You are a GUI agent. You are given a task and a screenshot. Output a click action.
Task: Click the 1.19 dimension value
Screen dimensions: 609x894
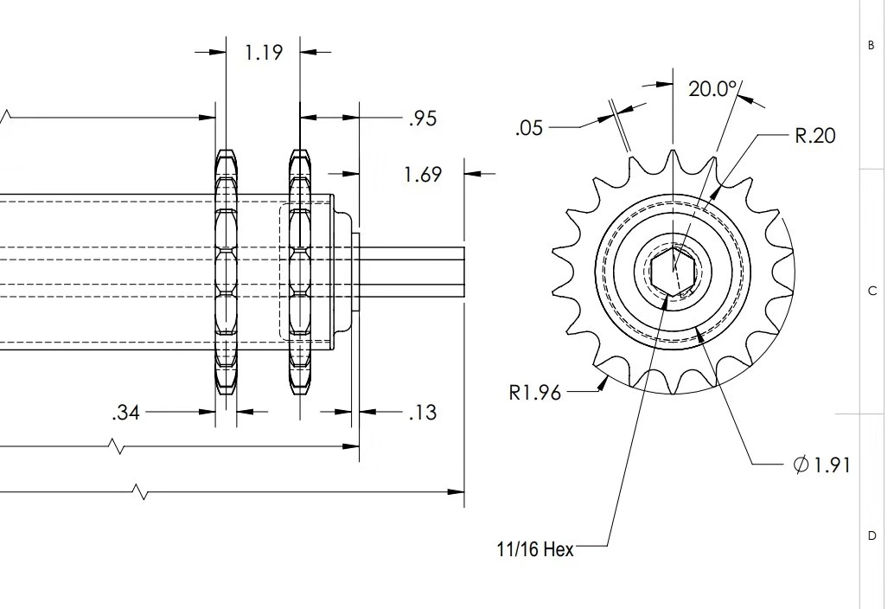tap(264, 53)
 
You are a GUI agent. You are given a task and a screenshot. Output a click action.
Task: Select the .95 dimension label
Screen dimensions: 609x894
tap(422, 119)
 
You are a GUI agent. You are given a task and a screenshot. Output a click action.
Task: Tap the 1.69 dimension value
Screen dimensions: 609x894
tap(423, 175)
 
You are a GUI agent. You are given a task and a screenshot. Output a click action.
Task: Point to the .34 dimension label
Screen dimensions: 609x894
tap(125, 413)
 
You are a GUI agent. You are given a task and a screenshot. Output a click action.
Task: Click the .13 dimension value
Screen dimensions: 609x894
tap(422, 413)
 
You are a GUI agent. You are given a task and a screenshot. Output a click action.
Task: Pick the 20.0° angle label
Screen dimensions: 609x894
tap(713, 88)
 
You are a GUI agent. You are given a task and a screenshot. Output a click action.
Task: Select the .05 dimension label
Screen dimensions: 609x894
tap(528, 128)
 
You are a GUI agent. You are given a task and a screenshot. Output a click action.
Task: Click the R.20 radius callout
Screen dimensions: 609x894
tap(814, 136)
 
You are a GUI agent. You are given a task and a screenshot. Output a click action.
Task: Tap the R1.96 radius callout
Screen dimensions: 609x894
tap(534, 393)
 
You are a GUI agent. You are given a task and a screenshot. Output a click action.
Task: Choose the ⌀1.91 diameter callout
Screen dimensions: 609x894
tap(822, 465)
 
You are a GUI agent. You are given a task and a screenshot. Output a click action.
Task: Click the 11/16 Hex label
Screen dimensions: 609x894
tap(534, 549)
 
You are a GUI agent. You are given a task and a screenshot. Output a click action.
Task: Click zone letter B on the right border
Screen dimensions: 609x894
tap(871, 46)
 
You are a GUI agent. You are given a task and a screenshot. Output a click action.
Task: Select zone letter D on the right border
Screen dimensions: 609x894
tap(872, 536)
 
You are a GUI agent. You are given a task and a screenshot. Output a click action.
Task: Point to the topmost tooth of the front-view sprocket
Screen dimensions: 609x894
tap(673, 158)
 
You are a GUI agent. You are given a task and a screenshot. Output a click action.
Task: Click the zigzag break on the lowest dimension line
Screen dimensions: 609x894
tap(141, 492)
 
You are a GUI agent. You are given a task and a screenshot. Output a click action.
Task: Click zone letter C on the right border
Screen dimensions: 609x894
tap(872, 291)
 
